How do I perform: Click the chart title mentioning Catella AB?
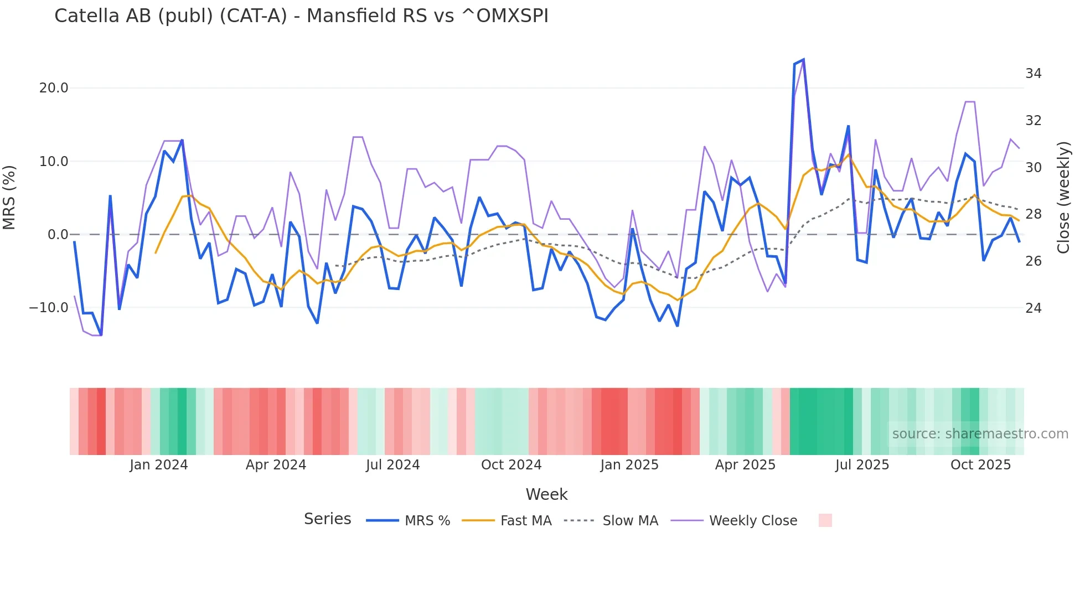[x=301, y=16]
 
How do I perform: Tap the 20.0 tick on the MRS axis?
[x=54, y=88]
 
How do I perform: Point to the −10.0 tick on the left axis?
[x=49, y=308]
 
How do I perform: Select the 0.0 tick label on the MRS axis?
[x=58, y=235]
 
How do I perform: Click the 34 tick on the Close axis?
[x=1033, y=74]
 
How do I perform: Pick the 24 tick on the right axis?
[x=1033, y=308]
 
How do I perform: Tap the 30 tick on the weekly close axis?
[x=1033, y=168]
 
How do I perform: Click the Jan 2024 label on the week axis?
[x=159, y=465]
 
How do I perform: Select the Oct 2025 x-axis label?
[x=980, y=465]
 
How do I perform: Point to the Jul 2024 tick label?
[x=392, y=465]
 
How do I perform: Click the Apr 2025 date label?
[x=745, y=465]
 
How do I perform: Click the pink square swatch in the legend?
[x=825, y=520]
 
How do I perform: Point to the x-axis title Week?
[x=546, y=494]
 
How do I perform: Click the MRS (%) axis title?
[x=9, y=197]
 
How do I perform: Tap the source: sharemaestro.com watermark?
[x=980, y=434]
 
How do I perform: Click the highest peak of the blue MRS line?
[x=803, y=59]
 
